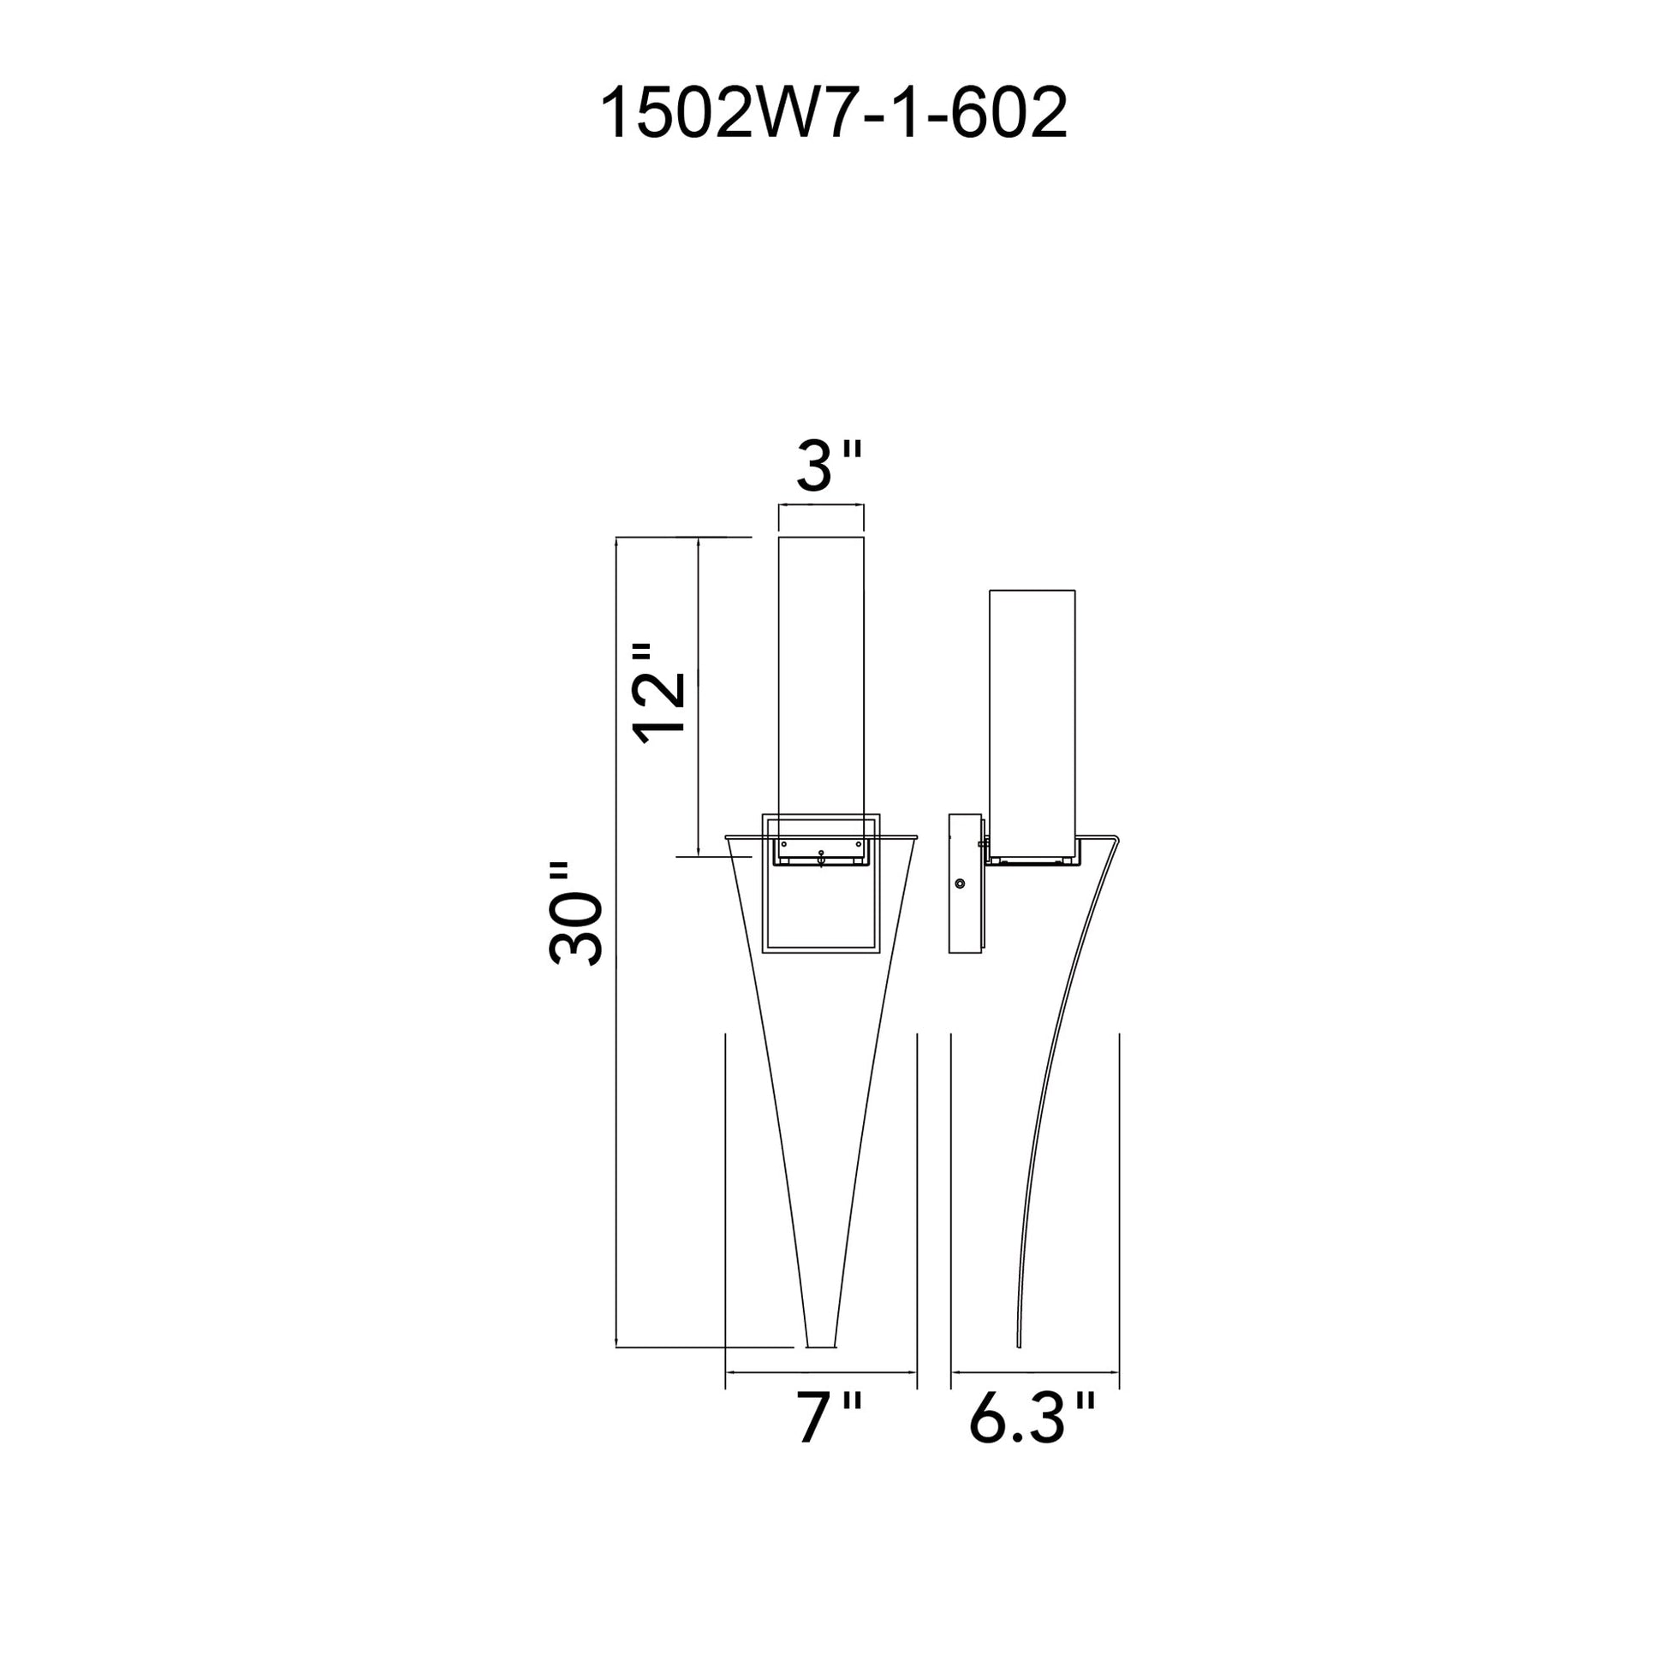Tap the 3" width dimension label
click(828, 467)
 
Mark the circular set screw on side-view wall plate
click(961, 884)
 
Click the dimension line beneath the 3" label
click(821, 506)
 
